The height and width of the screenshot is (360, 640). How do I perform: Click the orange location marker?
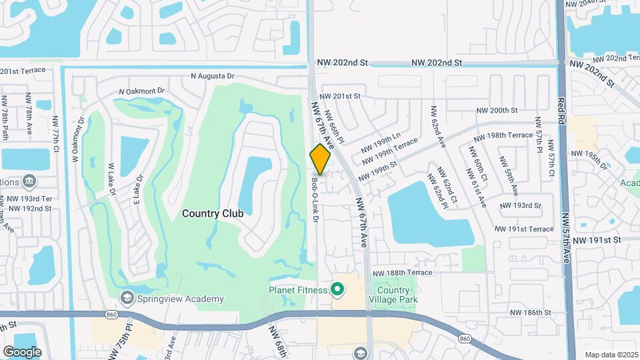[x=320, y=159]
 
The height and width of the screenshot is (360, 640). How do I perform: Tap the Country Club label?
[x=213, y=213]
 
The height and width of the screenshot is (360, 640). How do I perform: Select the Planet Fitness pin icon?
[x=338, y=290]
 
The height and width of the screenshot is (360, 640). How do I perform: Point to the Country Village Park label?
[x=397, y=295]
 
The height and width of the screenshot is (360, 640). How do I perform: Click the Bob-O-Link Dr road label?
[x=314, y=199]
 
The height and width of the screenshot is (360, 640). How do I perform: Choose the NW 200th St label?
[x=497, y=110]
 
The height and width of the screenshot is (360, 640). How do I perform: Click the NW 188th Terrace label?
[x=403, y=273]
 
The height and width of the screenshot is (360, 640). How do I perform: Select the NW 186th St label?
[x=530, y=312]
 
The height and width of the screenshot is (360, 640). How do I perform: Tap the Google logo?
[x=23, y=351]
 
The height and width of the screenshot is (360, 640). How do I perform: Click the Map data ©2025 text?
[x=611, y=355]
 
